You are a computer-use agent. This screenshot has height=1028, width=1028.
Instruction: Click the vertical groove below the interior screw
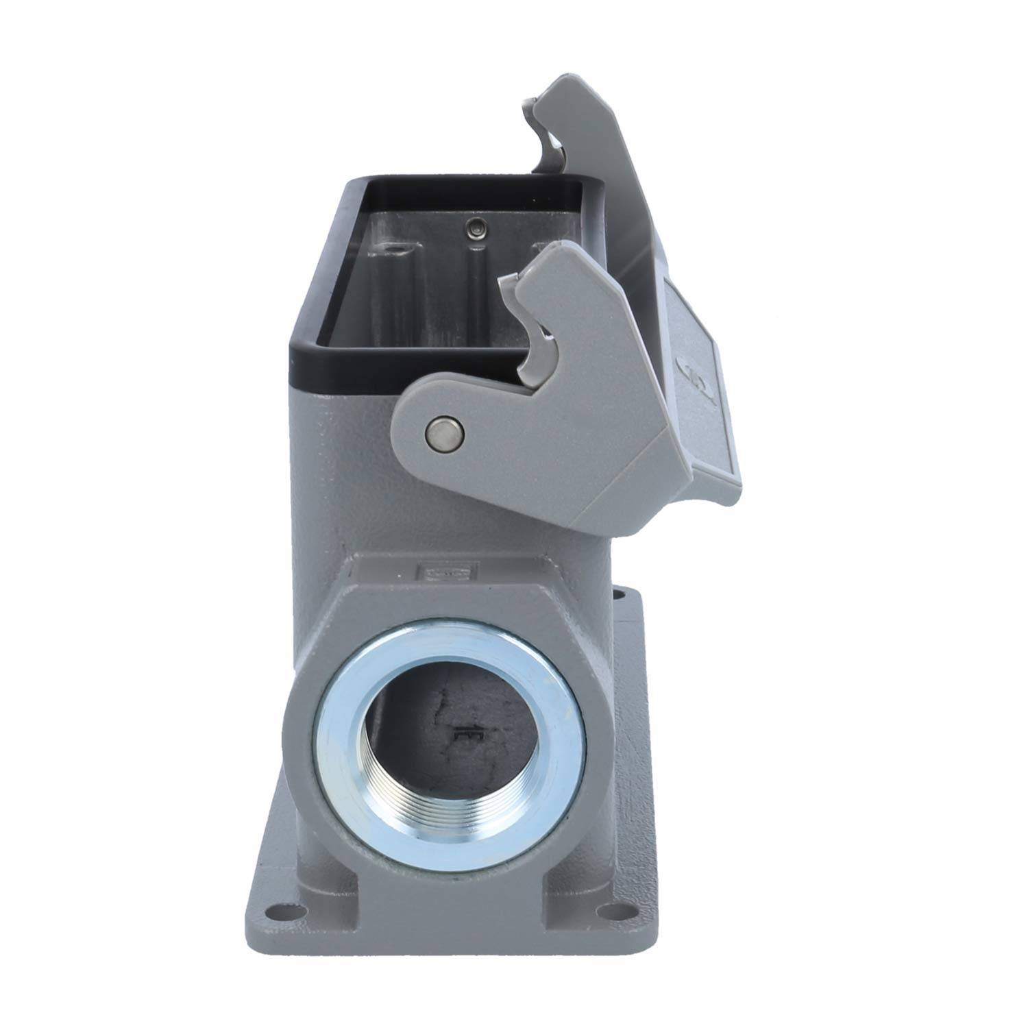pos(473,288)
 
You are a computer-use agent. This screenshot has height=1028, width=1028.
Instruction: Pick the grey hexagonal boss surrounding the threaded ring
pos(322,631)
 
